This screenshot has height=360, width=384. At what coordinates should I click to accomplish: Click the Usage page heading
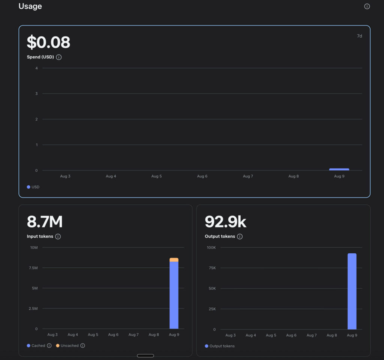30,6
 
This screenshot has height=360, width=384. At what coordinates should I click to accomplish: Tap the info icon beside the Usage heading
367,6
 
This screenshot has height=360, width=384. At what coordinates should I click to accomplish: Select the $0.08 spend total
48,42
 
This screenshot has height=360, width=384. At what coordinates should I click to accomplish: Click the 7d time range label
359,36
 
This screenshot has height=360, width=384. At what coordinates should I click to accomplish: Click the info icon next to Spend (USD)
59,57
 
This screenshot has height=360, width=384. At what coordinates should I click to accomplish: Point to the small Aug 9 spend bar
339,169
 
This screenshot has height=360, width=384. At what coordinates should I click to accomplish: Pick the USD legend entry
33,187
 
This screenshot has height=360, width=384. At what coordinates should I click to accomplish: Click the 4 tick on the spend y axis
36,68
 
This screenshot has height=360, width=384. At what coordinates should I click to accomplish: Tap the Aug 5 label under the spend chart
156,176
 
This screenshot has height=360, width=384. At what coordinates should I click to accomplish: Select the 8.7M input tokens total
45,221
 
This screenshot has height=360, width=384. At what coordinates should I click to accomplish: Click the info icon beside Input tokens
58,236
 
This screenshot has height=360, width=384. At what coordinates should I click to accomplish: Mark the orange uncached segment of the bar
174,260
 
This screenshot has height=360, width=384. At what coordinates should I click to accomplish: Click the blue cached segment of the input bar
174,295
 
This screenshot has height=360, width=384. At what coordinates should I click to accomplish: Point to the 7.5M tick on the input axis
33,268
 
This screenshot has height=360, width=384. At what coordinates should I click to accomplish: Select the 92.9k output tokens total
225,221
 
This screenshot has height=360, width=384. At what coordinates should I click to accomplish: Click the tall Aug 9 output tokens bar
352,291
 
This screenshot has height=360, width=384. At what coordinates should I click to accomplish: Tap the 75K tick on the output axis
212,268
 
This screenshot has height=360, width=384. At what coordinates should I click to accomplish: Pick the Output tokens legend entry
220,346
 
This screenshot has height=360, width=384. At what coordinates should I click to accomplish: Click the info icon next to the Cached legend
49,345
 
